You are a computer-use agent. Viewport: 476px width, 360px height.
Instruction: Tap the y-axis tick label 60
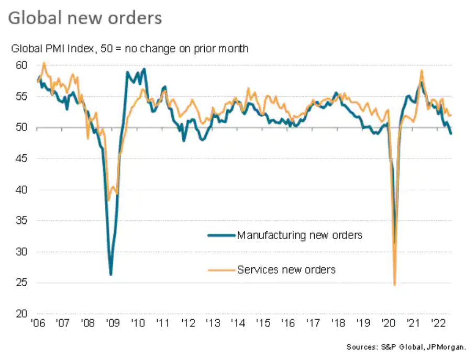(x=21, y=65)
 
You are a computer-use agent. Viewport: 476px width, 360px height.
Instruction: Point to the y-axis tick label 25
(x=21, y=283)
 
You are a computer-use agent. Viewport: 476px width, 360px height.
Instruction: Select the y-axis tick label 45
(x=21, y=159)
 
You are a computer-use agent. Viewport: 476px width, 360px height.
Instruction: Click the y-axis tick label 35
(x=21, y=221)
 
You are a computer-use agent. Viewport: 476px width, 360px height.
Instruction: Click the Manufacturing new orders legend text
(x=300, y=235)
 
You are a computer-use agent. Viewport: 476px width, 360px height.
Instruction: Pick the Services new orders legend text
(x=286, y=269)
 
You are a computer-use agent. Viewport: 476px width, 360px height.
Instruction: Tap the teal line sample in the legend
(x=222, y=235)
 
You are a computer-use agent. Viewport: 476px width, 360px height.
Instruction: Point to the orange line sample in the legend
(x=222, y=270)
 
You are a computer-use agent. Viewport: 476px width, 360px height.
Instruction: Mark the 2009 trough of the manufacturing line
(x=110, y=274)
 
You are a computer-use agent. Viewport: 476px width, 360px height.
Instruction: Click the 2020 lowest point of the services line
(x=394, y=285)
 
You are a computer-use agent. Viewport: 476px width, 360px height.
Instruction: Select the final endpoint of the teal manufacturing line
(x=451, y=133)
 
